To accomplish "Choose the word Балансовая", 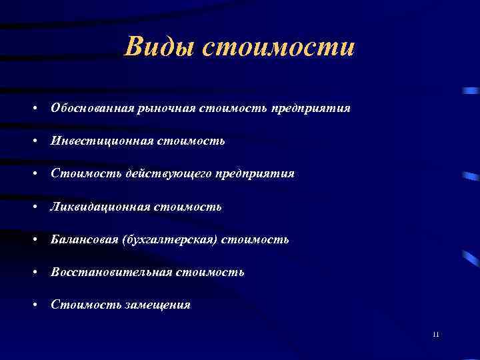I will [x=84, y=239].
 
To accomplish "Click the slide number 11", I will [x=435, y=334].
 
